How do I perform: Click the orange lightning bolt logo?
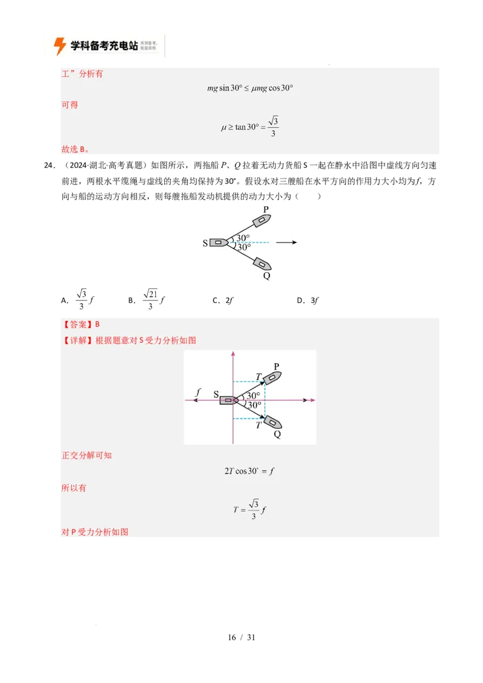(x=60, y=46)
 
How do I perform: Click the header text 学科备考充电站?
(x=104, y=45)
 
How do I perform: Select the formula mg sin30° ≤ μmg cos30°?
(x=250, y=88)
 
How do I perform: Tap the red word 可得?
(x=70, y=104)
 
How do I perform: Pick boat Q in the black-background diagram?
(x=262, y=264)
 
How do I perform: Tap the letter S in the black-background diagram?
(x=205, y=243)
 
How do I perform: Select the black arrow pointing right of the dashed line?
(x=287, y=243)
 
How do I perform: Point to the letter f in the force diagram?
(x=197, y=393)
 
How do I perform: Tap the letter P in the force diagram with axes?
(x=277, y=366)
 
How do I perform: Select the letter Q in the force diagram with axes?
(x=277, y=434)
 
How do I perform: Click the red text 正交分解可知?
(x=87, y=455)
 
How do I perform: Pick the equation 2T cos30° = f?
(x=249, y=471)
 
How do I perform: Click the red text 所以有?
(x=74, y=488)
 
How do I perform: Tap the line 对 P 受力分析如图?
(x=95, y=532)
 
